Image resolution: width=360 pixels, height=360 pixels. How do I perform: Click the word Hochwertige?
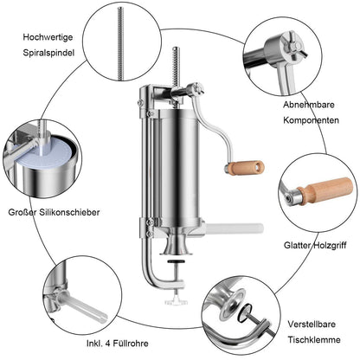[48, 37]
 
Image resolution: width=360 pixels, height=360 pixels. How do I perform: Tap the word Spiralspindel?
[48, 53]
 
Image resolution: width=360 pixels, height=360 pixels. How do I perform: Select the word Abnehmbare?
[309, 105]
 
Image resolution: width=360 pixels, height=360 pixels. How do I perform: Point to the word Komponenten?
[311, 120]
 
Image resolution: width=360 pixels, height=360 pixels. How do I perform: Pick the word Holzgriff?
[331, 246]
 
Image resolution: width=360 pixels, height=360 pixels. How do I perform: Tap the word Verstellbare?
[312, 324]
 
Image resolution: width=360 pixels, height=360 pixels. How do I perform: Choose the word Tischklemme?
[314, 339]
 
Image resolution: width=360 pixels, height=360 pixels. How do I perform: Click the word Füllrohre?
[131, 344]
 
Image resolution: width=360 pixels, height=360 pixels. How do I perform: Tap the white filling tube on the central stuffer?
[235, 228]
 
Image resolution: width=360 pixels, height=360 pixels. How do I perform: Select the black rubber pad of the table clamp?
[177, 261]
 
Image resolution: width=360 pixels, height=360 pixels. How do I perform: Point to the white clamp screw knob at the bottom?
[176, 301]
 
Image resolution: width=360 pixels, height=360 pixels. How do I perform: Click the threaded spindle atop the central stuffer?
[176, 67]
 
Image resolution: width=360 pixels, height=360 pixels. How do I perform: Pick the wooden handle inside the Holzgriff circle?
[325, 190]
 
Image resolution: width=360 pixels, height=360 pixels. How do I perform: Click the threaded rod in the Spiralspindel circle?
[120, 43]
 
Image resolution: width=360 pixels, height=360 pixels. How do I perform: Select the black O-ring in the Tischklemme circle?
[245, 314]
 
